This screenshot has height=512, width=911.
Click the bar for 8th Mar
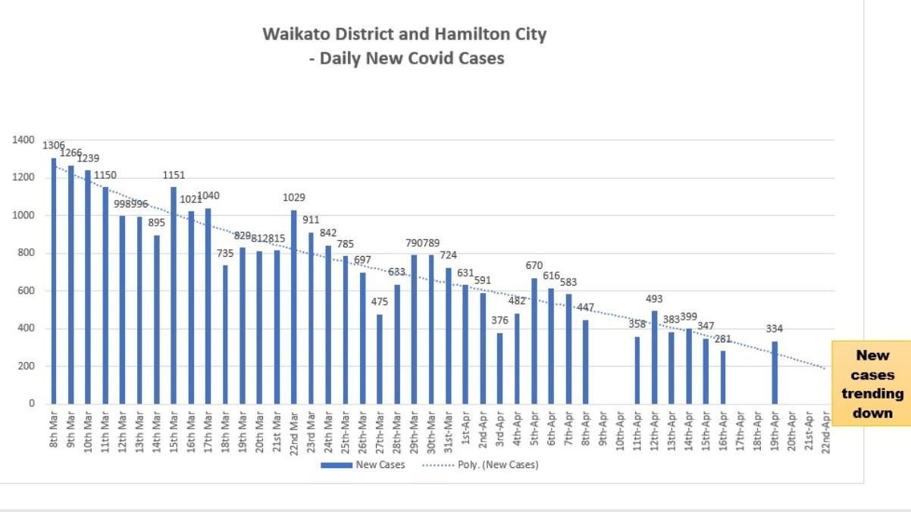(54, 281)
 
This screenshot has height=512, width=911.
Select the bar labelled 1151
(174, 295)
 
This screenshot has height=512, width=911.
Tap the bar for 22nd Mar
(294, 307)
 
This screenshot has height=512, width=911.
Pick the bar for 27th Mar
(380, 359)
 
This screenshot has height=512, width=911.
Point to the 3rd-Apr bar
(500, 368)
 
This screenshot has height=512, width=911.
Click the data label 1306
(53, 145)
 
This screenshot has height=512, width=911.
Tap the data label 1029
(294, 198)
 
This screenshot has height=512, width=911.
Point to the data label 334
(775, 329)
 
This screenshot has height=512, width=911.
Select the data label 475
(380, 302)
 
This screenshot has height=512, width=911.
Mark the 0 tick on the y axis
(32, 404)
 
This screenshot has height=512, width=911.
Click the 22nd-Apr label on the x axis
(826, 430)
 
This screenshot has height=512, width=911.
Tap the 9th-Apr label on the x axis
(603, 430)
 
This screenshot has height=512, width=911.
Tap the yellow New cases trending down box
(872, 383)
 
